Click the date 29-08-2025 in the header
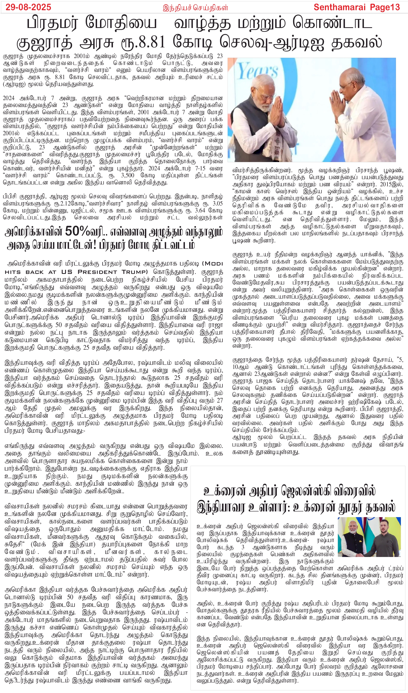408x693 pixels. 28,7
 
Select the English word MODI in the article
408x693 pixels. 213,263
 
